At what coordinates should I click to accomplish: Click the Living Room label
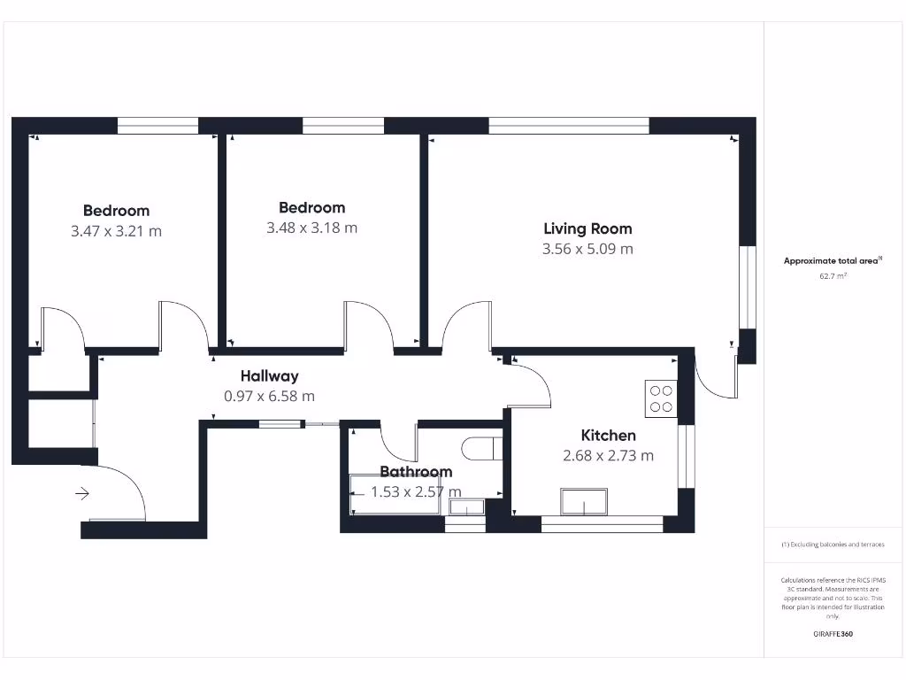pyautogui.click(x=587, y=228)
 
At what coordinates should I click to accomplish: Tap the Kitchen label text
pyautogui.click(x=608, y=436)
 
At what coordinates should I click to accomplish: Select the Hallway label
pyautogui.click(x=269, y=376)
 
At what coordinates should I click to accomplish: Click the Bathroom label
pyautogui.click(x=416, y=472)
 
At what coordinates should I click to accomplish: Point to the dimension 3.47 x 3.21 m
pyautogui.click(x=116, y=232)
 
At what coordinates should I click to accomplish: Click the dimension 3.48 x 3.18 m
pyautogui.click(x=311, y=228)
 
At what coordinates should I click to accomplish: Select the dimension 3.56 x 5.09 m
pyautogui.click(x=587, y=250)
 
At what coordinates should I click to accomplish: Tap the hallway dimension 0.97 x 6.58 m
pyautogui.click(x=269, y=397)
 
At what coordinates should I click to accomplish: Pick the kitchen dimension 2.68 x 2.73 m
pyautogui.click(x=608, y=456)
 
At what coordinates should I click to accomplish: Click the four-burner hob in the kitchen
pyautogui.click(x=661, y=398)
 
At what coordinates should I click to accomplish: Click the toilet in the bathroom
pyautogui.click(x=481, y=447)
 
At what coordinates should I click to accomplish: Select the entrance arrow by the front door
pyautogui.click(x=83, y=493)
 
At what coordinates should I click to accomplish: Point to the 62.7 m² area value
pyautogui.click(x=833, y=276)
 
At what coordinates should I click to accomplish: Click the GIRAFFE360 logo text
pyautogui.click(x=833, y=634)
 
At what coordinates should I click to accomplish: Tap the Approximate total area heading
pyautogui.click(x=832, y=261)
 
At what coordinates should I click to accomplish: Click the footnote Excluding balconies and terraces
pyautogui.click(x=833, y=545)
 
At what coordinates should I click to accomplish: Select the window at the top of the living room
pyautogui.click(x=569, y=126)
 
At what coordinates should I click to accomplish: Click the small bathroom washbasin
pyautogui.click(x=465, y=507)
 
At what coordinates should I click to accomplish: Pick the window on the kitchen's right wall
pyautogui.click(x=686, y=456)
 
